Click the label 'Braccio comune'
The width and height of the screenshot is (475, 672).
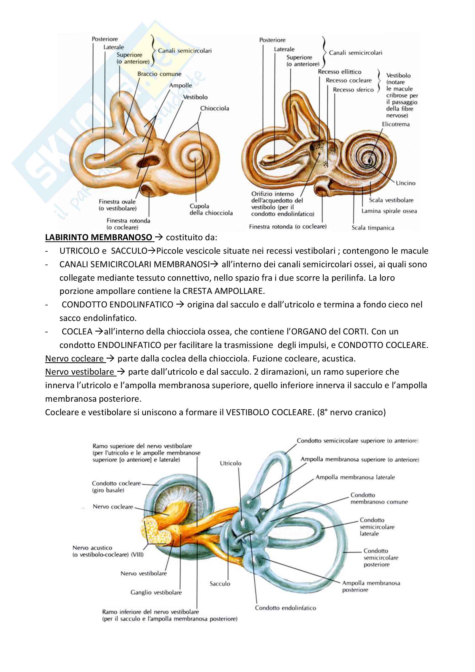(x=159, y=74)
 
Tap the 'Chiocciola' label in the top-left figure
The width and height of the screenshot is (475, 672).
(x=215, y=108)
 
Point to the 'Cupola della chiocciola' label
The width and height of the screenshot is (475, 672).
(x=211, y=209)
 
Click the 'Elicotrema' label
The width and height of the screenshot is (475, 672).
(x=395, y=124)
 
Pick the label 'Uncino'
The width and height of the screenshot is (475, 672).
(x=406, y=183)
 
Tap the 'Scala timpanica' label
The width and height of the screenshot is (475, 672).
(x=373, y=228)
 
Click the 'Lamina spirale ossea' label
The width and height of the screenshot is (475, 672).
(x=389, y=211)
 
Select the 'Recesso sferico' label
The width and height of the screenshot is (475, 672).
(x=353, y=90)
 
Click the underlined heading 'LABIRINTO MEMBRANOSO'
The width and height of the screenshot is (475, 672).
(x=99, y=237)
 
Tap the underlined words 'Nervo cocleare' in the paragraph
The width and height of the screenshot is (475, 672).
(x=74, y=359)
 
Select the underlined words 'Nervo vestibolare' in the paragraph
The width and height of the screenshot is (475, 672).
(x=79, y=372)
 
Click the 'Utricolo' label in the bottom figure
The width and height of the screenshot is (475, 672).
(x=231, y=463)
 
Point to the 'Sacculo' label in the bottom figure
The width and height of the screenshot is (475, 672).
(x=220, y=584)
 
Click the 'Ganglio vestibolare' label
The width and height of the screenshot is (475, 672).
(x=156, y=592)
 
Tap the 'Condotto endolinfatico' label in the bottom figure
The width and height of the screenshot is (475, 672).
(x=285, y=608)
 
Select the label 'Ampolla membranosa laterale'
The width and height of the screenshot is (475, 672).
(x=355, y=477)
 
